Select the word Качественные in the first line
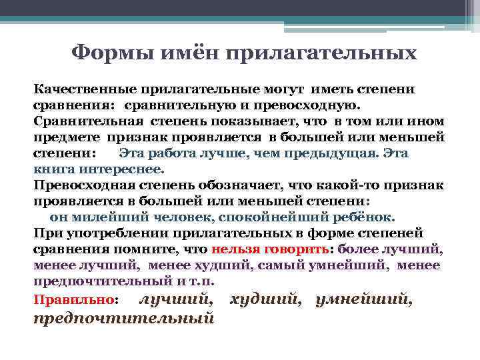[81, 89]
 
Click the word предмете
[65, 137]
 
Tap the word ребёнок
[365, 217]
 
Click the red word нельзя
[237, 249]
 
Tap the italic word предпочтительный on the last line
[123, 318]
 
